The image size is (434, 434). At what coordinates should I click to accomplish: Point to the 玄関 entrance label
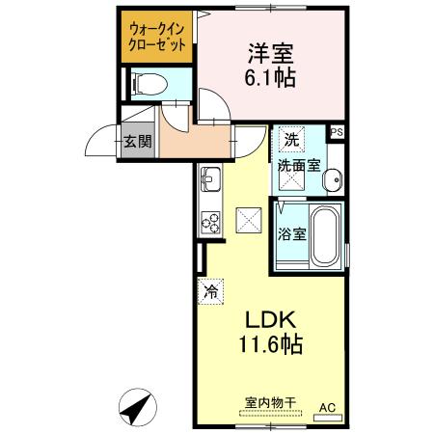135,141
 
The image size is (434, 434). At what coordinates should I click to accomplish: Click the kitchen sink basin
210,178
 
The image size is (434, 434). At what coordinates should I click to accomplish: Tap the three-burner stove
210,221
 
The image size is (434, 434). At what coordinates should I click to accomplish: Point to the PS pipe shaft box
337,133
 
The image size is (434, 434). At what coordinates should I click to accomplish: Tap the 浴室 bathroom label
291,233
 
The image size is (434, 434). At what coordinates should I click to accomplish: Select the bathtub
324,235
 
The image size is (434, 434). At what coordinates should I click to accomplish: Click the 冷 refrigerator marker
210,288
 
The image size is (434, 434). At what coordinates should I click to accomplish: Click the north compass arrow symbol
137,407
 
